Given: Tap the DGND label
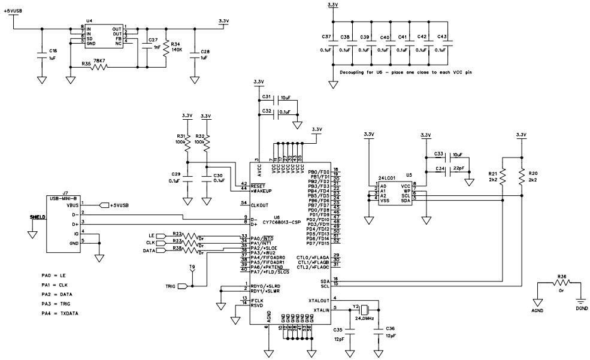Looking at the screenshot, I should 581,308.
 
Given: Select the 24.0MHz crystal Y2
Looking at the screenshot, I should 363,311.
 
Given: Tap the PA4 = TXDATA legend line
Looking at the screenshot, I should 60,313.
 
